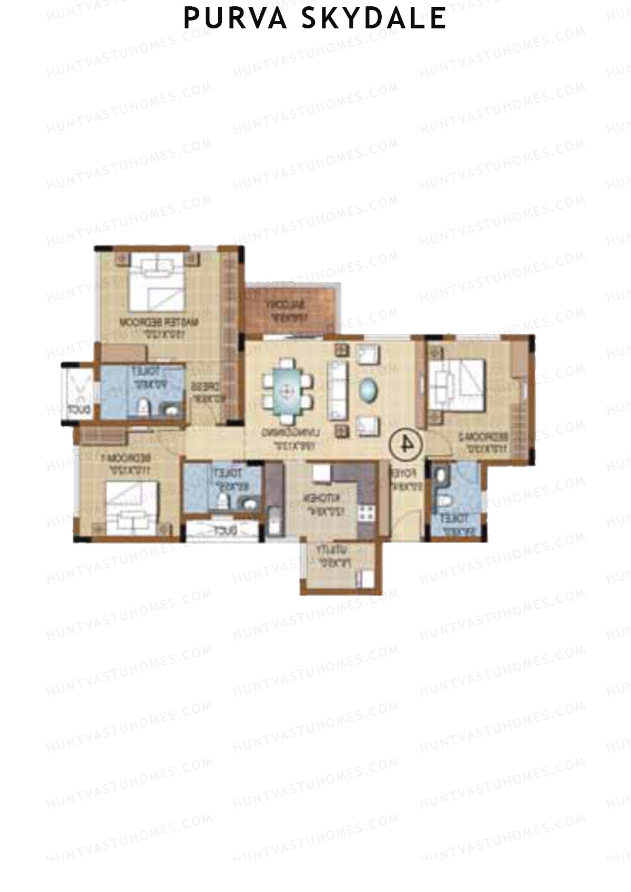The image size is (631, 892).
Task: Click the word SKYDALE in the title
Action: pyautogui.click(x=374, y=18)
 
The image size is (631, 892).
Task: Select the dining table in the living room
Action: pyautogui.click(x=287, y=391)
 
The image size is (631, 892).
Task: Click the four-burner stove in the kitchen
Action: pyautogui.click(x=367, y=511)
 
